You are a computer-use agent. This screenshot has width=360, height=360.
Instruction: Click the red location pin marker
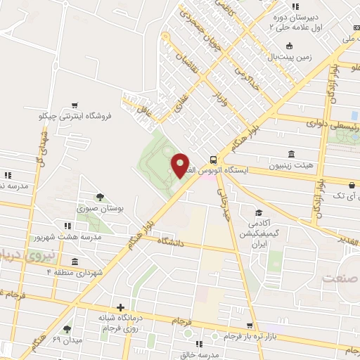(180, 165)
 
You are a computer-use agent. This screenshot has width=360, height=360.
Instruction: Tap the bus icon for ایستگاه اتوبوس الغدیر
(214, 159)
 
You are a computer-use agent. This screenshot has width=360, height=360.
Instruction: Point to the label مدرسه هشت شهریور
(68, 237)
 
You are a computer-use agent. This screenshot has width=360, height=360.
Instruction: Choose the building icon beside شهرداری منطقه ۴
(74, 261)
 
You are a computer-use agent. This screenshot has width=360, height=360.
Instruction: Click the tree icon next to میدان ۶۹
(67, 328)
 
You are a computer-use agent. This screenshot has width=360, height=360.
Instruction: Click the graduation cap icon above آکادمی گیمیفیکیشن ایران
(259, 213)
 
